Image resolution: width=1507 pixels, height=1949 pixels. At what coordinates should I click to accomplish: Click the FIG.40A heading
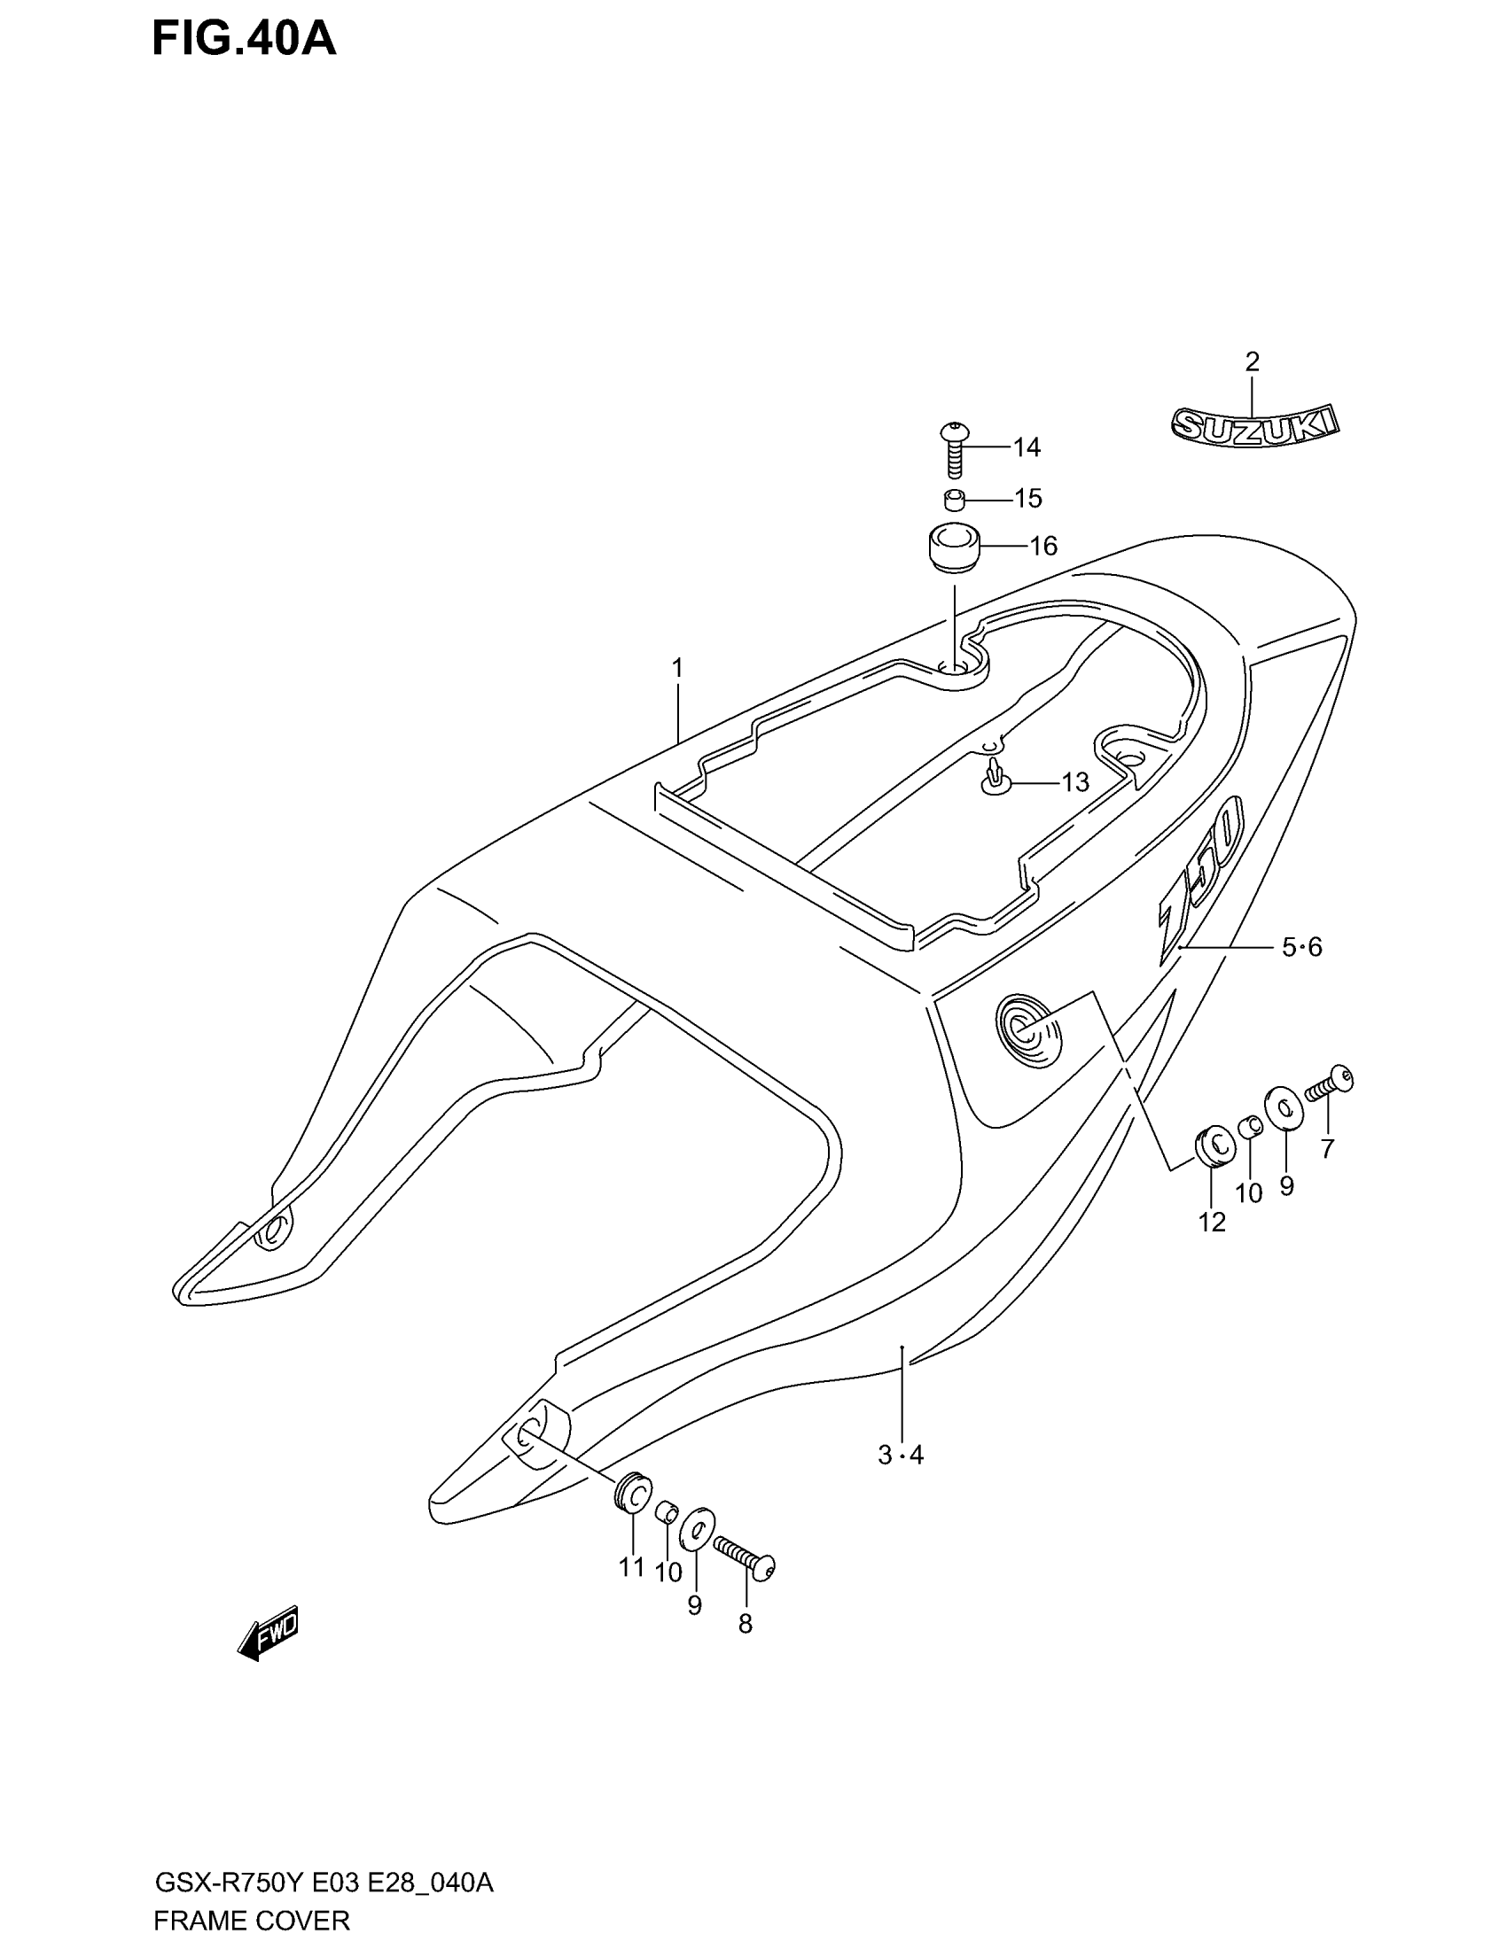pos(244,39)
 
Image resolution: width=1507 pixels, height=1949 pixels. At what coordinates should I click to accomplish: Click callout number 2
pos(1252,361)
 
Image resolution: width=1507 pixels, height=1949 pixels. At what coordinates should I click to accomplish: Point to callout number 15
pos(1028,498)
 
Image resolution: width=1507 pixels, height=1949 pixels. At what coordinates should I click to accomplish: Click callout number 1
pos(677,666)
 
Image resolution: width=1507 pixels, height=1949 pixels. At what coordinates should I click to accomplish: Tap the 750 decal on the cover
pos(1201,879)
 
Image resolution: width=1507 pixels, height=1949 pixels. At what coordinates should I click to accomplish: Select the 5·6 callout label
pos(1301,947)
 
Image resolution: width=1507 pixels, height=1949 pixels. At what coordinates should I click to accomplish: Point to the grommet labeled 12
pos(1214,1146)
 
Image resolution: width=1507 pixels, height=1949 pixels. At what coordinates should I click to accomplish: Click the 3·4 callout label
pos(901,1456)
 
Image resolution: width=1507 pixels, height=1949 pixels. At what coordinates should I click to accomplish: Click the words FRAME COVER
pos(252,1920)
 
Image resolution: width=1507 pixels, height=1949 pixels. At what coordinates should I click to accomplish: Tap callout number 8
pos(745,1624)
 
